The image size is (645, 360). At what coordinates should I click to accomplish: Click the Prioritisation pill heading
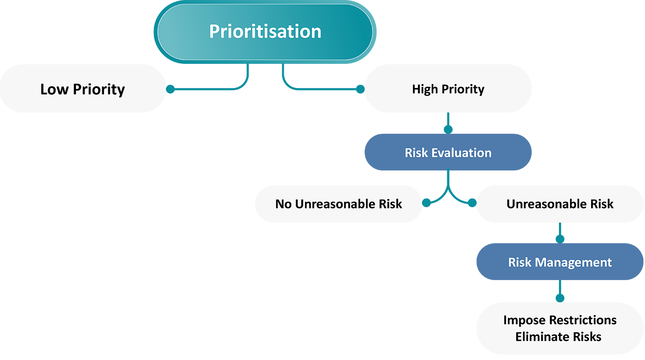click(265, 31)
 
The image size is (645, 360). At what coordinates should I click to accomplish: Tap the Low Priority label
click(83, 89)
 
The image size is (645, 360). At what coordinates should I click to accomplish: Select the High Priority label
click(448, 89)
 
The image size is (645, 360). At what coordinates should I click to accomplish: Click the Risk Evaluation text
click(448, 152)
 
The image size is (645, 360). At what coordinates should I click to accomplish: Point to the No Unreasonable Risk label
click(339, 204)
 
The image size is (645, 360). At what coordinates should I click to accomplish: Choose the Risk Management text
click(559, 262)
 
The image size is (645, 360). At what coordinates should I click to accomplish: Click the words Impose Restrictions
click(559, 320)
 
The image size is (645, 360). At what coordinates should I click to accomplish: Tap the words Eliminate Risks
click(558, 336)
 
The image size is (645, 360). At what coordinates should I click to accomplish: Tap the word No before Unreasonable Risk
click(283, 204)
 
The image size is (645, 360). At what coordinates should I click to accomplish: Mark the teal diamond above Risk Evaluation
click(447, 122)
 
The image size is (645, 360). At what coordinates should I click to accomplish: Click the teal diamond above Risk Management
click(559, 233)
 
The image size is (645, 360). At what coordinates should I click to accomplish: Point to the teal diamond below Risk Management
click(559, 292)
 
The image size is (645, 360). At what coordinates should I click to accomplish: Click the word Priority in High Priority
click(463, 89)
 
